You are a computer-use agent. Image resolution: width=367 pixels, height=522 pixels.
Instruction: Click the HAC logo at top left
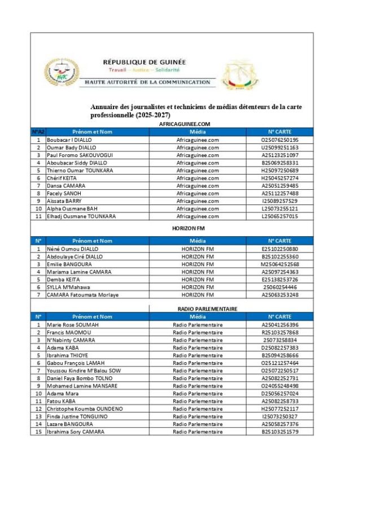point(62,72)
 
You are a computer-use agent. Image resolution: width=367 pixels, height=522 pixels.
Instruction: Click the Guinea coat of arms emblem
point(239,76)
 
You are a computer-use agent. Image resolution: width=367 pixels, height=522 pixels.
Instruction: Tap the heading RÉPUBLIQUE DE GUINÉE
point(145,62)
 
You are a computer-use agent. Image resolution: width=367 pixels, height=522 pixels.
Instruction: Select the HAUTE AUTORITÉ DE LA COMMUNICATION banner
point(147,82)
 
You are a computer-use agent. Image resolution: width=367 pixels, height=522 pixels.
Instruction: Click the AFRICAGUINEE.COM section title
point(185,124)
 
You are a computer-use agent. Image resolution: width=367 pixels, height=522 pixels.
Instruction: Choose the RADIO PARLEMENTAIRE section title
point(199,309)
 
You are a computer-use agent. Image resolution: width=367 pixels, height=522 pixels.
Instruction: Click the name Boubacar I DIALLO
point(69,140)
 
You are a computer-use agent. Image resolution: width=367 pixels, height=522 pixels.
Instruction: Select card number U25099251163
point(279,147)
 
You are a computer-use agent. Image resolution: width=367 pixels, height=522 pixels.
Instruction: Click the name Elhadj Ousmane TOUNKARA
point(81,216)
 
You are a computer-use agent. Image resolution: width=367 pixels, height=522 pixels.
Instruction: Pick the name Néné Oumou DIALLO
point(72,249)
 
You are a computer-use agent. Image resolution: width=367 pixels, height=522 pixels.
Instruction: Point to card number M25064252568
point(279,264)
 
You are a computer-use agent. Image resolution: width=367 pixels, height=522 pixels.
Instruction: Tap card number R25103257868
point(279,333)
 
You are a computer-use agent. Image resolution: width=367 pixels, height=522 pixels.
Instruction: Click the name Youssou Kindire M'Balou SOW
point(84,371)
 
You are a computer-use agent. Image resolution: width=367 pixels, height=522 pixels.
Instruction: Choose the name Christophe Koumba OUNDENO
point(85,408)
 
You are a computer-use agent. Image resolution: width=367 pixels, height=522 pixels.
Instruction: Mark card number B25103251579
point(279,432)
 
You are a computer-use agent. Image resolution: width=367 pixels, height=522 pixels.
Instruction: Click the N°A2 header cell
point(38,132)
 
